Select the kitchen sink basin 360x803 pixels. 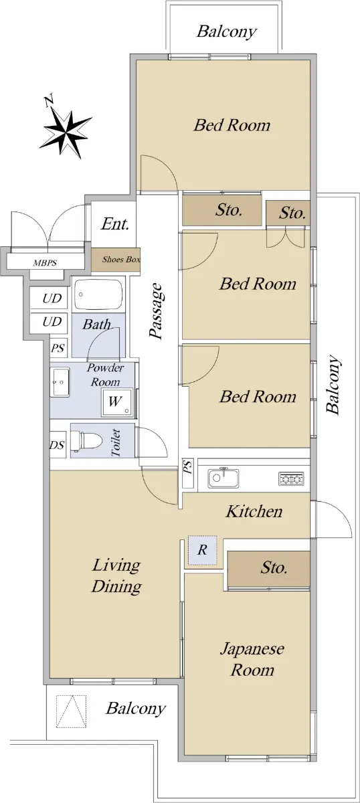tap(223, 478)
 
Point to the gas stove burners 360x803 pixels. tap(291, 478)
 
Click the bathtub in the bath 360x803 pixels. tap(98, 295)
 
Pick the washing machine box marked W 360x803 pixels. tap(117, 401)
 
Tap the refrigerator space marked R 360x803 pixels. tap(203, 550)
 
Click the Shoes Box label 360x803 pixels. tap(121, 259)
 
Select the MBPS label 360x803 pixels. tap(45, 263)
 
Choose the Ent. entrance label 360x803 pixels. tap(114, 224)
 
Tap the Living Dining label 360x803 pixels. tap(116, 575)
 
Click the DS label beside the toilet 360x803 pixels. tap(57, 445)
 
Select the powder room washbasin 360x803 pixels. tap(60, 382)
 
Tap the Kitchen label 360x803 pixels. tap(254, 511)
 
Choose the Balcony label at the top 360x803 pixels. tap(227, 31)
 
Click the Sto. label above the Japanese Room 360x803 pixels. tap(274, 567)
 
